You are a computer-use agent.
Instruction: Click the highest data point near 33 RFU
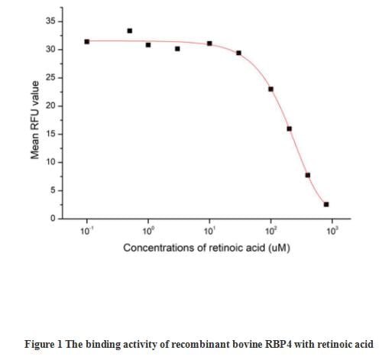129,31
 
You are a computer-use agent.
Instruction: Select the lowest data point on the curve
326,204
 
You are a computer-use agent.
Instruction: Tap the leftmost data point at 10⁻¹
87,41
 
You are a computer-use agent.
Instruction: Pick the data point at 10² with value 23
271,89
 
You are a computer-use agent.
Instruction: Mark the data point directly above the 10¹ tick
209,44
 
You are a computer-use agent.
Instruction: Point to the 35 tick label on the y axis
49,21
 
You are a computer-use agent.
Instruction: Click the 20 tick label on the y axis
49,106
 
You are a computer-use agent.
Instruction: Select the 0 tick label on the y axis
51,219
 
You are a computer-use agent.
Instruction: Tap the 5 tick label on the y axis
51,191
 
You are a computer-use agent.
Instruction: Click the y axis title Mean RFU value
34,121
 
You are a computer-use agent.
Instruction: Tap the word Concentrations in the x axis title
158,248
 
